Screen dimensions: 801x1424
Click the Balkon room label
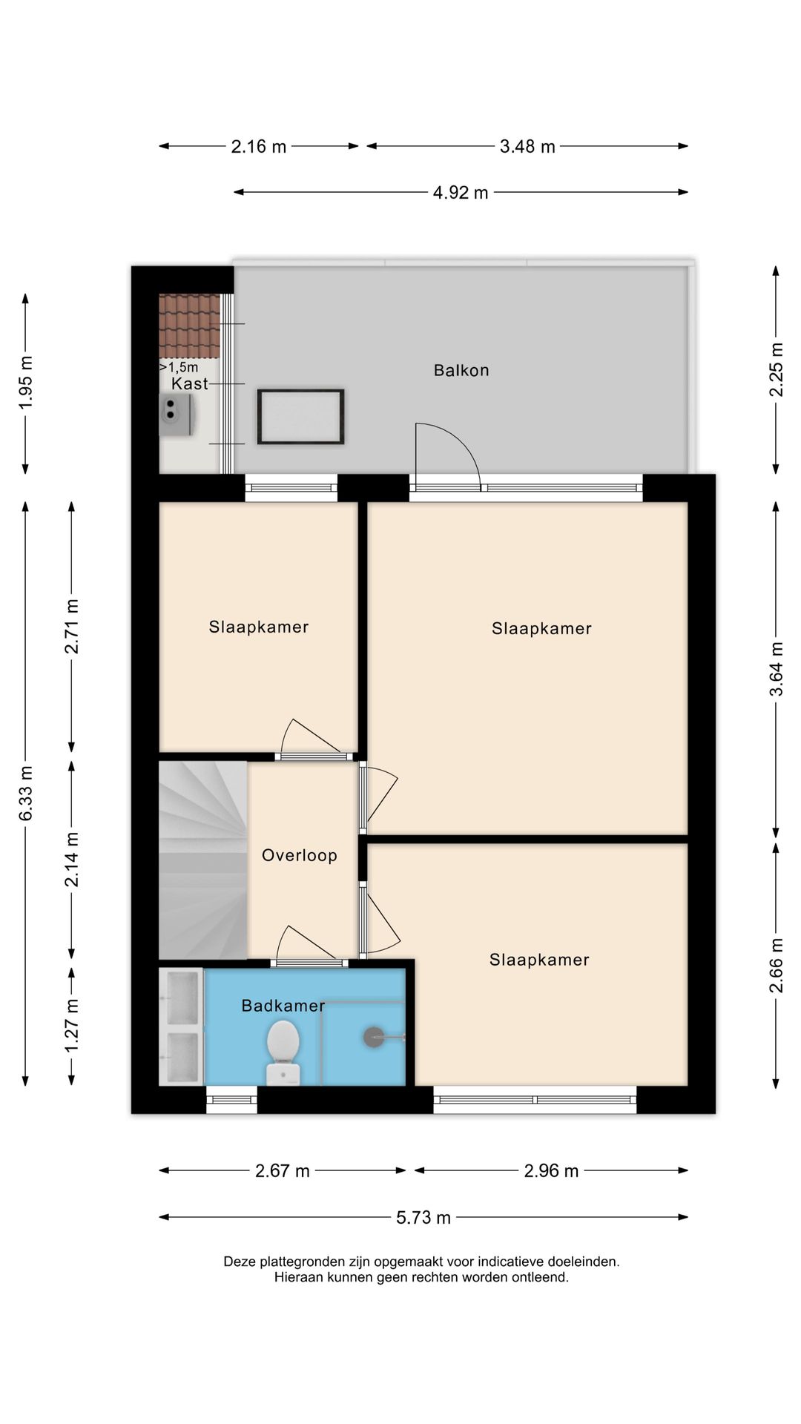pyautogui.click(x=461, y=370)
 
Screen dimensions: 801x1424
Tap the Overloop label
pyautogui.click(x=300, y=855)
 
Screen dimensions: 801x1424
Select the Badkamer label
pyautogui.click(x=283, y=1006)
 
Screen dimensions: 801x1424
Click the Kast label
pyautogui.click(x=189, y=383)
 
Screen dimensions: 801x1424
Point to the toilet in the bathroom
pyautogui.click(x=283, y=1052)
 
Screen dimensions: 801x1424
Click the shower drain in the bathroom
pyautogui.click(x=374, y=1037)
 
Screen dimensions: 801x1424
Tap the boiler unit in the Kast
pyautogui.click(x=177, y=415)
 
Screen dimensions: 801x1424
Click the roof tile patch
pyautogui.click(x=190, y=326)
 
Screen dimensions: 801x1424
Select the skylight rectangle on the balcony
pyautogui.click(x=300, y=417)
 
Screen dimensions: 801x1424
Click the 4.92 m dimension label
pyautogui.click(x=461, y=193)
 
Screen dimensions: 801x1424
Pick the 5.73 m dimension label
pyautogui.click(x=423, y=1218)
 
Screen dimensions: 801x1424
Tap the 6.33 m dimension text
pyautogui.click(x=26, y=794)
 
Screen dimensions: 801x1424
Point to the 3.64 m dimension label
pyautogui.click(x=777, y=669)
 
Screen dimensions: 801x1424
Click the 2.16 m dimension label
pyautogui.click(x=259, y=147)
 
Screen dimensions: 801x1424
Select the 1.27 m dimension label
pyautogui.click(x=72, y=1026)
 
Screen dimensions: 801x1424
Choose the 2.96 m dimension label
pyautogui.click(x=551, y=1171)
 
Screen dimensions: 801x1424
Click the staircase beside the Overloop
pyautogui.click(x=203, y=860)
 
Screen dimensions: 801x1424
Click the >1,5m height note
pyautogui.click(x=179, y=367)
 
